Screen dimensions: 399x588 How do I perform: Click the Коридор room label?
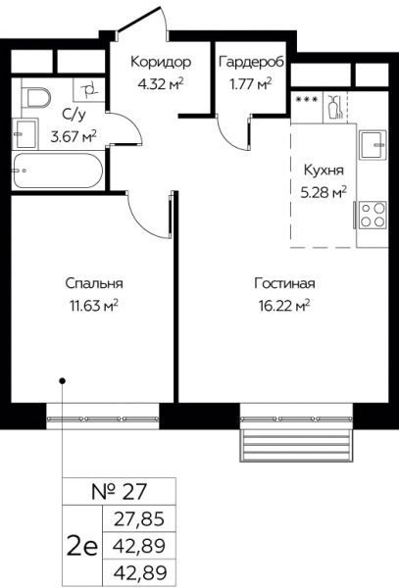[161, 62]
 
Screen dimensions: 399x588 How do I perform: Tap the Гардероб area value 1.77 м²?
[251, 84]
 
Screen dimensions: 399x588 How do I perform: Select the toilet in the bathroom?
[35, 97]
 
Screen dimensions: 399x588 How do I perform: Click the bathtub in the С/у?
[57, 171]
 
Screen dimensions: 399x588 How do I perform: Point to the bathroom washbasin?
[25, 134]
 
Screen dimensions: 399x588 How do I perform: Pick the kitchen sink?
[374, 144]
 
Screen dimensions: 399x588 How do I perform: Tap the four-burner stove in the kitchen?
[373, 216]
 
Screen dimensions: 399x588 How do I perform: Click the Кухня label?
[324, 170]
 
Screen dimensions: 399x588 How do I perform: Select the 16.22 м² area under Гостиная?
[284, 306]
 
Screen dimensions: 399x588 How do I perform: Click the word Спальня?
[94, 283]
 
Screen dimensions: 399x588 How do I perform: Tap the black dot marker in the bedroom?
[63, 381]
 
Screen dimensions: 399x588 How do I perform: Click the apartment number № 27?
[119, 492]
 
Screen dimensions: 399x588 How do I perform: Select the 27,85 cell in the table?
[139, 519]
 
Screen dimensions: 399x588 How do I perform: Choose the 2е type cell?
[82, 546]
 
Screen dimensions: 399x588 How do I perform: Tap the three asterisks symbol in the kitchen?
[307, 100]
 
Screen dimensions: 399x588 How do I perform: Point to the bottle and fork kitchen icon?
[335, 107]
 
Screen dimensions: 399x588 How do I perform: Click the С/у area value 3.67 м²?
[74, 136]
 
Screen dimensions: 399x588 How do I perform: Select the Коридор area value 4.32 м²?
[161, 84]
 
